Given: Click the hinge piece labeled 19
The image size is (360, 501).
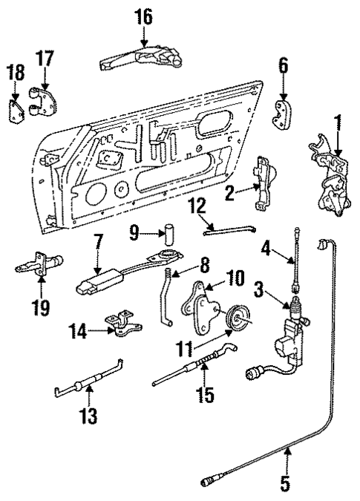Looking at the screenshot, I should pyautogui.click(x=43, y=264).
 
